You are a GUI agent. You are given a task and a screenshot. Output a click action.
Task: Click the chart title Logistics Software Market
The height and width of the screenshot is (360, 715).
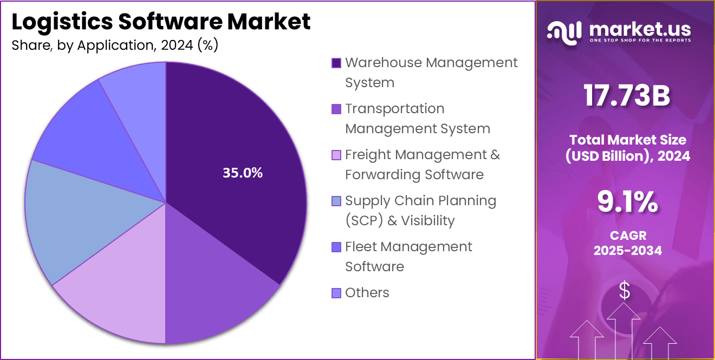(x=161, y=22)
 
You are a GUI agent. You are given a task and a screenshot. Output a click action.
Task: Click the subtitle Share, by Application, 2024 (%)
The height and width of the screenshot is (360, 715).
(x=115, y=45)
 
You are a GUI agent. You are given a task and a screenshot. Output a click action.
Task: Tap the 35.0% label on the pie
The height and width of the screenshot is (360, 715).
(x=243, y=173)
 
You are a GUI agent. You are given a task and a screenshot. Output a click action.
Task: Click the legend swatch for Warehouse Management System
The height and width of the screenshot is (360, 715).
(x=336, y=63)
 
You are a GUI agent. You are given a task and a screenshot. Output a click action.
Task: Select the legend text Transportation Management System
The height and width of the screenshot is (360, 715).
(x=417, y=119)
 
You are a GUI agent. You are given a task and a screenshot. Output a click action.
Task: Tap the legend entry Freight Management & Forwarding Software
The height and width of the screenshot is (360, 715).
(x=422, y=165)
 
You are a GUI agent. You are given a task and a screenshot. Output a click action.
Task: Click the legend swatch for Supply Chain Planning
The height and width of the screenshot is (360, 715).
(x=336, y=201)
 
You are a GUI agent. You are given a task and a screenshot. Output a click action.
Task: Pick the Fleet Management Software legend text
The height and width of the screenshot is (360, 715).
(x=408, y=257)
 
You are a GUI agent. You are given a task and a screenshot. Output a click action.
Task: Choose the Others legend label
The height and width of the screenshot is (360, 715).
(x=367, y=293)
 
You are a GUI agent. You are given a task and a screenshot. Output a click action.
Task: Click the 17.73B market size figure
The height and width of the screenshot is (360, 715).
(x=627, y=96)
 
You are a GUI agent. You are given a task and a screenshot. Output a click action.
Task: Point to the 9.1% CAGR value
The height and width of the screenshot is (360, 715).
(x=627, y=201)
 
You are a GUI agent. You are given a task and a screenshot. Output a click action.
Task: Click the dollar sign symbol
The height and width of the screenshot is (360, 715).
(x=625, y=291)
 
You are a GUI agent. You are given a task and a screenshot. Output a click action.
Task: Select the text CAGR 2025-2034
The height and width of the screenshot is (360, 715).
(x=627, y=243)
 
